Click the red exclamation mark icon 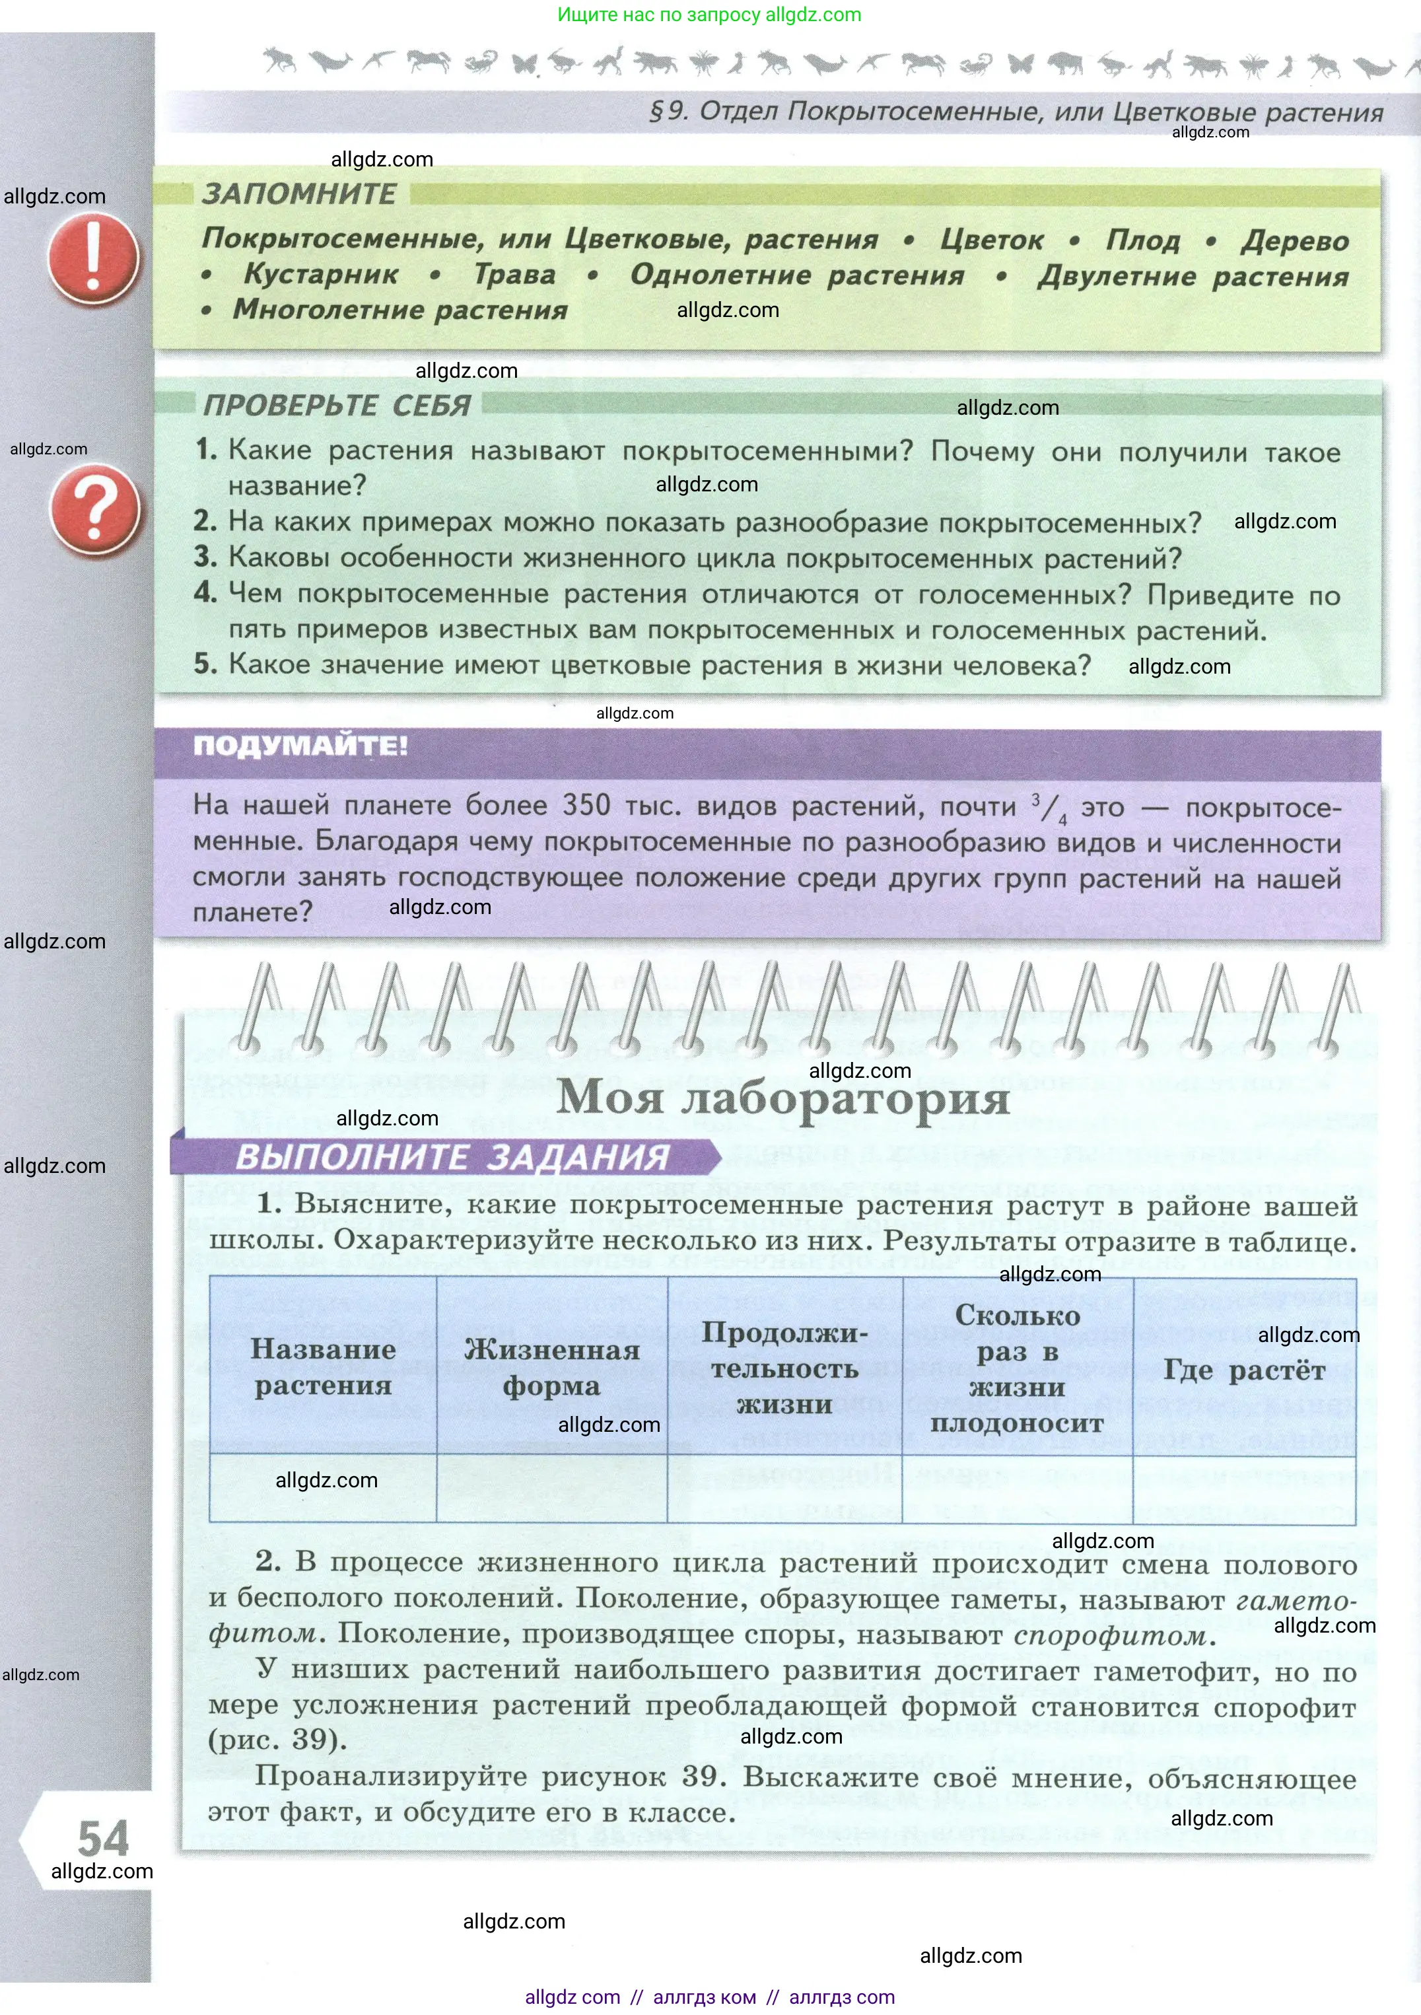pos(93,259)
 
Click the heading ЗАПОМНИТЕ pos(299,194)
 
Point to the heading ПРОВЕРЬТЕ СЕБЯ pos(337,406)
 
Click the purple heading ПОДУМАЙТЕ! pos(300,747)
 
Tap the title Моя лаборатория pos(783,1097)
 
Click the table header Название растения pos(323,1366)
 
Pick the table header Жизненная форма pos(551,1367)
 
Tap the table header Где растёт pos(1243,1370)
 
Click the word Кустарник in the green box pos(321,275)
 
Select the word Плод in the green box pos(1143,240)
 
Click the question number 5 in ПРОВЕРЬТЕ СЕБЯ pos(205,664)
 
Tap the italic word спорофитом pos(1110,1636)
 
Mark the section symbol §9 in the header pos(667,112)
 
